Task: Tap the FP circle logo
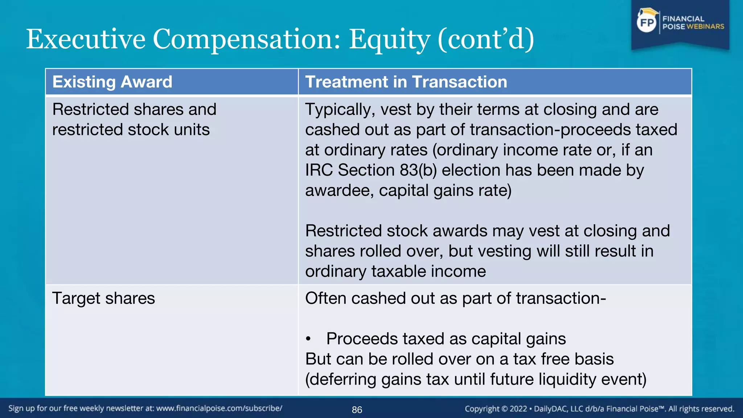click(647, 23)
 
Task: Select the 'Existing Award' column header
click(112, 82)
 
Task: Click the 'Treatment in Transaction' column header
click(406, 82)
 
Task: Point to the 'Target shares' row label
click(103, 298)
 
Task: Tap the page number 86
click(357, 410)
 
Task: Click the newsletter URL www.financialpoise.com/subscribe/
click(219, 408)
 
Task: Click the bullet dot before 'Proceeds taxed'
click(308, 339)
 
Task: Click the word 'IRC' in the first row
click(319, 170)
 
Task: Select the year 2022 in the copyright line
click(518, 409)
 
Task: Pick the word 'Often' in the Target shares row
click(325, 298)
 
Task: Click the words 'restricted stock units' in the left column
click(131, 130)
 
